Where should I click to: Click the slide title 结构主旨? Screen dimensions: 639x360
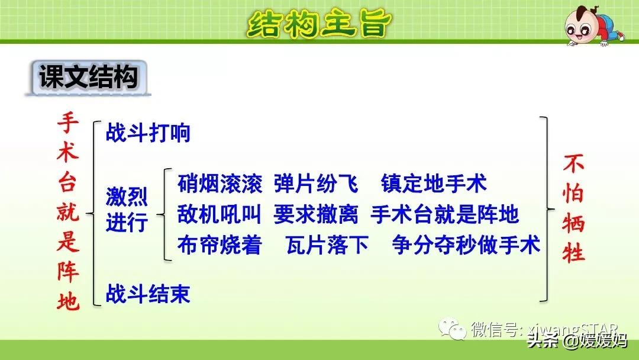319,24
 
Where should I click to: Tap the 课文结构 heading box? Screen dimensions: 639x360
88,78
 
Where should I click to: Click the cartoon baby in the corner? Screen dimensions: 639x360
593,25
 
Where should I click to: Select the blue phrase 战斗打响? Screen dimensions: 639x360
148,133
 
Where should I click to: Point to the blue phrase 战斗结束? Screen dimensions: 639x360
148,294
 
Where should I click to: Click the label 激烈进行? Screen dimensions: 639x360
127,210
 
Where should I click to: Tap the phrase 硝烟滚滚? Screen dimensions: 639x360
220,184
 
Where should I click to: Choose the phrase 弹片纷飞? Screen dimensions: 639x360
316,184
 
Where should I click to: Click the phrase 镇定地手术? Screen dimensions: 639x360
434,184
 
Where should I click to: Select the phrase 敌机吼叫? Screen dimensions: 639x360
220,214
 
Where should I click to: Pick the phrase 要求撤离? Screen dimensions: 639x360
316,214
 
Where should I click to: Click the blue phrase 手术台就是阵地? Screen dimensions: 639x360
444,214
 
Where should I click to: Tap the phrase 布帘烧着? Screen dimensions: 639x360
220,245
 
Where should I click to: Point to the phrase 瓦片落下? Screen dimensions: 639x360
327,245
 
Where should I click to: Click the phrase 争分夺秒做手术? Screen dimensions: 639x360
466,245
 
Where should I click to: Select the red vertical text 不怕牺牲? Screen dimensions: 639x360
573,208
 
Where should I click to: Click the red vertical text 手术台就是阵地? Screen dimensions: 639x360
67,211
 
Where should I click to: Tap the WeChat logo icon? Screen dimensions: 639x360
452,328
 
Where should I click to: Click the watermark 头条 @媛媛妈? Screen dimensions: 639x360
577,340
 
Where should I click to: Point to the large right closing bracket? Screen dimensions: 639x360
547,209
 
